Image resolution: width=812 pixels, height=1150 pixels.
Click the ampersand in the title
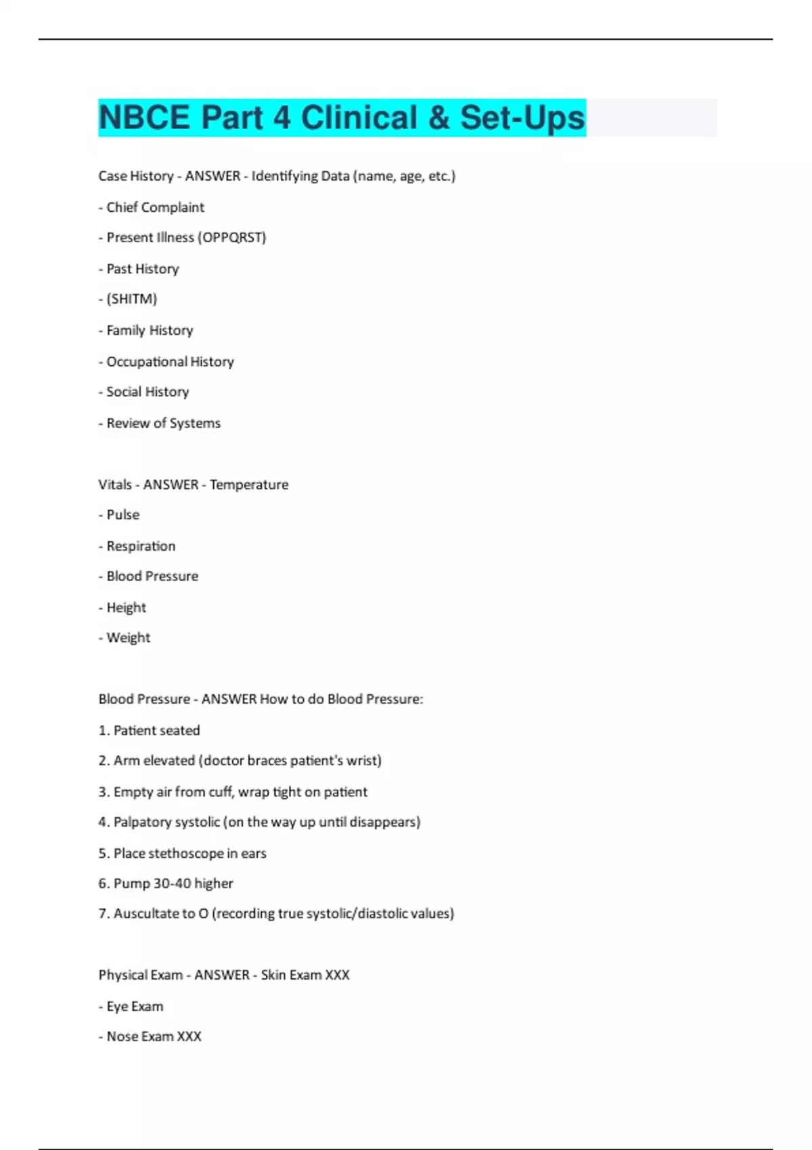click(438, 118)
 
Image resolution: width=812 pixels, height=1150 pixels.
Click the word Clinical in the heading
click(359, 118)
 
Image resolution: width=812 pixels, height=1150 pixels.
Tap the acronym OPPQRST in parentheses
click(234, 237)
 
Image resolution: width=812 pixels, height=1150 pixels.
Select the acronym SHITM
click(131, 299)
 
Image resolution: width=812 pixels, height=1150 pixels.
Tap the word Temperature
click(249, 484)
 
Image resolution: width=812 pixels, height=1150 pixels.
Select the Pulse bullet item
click(122, 515)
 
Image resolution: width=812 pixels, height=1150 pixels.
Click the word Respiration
click(141, 546)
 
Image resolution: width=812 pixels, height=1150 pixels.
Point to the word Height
click(126, 607)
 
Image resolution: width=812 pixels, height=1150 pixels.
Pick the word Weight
click(128, 638)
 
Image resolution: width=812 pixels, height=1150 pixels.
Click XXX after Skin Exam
click(337, 975)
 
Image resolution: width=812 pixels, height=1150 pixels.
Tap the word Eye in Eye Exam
click(117, 1006)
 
